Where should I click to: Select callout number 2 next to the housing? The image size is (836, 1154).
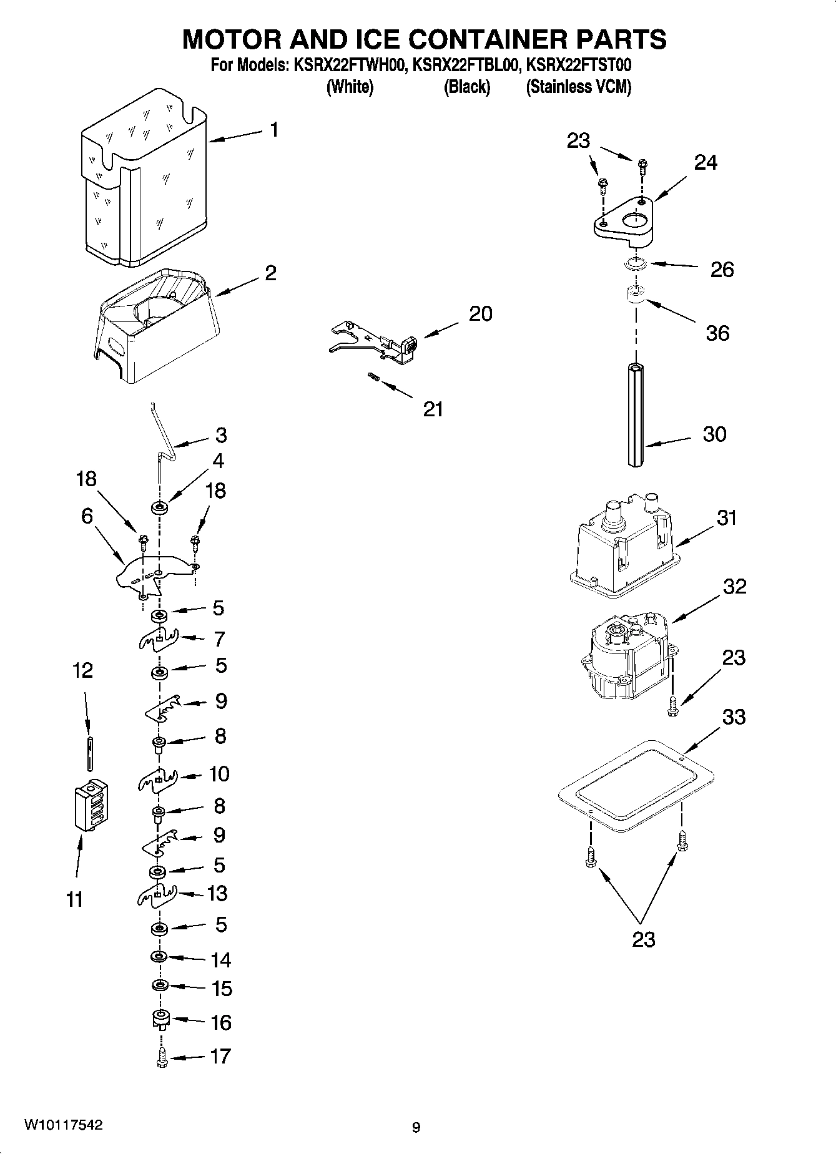click(270, 273)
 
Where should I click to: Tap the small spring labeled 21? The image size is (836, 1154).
click(373, 376)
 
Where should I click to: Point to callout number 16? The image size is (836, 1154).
click(220, 1022)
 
